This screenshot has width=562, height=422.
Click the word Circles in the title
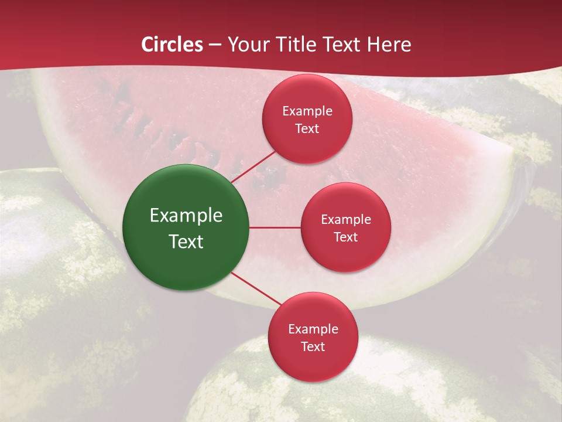pos(172,45)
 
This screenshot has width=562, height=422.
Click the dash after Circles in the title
pos(215,45)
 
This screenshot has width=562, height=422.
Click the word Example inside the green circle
pos(186,216)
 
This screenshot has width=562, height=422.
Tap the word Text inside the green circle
pos(186,241)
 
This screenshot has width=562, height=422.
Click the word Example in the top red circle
pos(307,111)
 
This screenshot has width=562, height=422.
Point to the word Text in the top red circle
pos(307,129)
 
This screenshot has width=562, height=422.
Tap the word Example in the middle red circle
pos(346,220)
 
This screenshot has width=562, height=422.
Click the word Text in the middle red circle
pos(346,237)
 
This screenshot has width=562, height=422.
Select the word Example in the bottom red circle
pos(313,329)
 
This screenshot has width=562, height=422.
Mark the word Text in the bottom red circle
pos(313,347)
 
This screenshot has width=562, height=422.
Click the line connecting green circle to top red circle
pos(253,166)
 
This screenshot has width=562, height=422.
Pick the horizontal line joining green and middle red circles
pos(275,227)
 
